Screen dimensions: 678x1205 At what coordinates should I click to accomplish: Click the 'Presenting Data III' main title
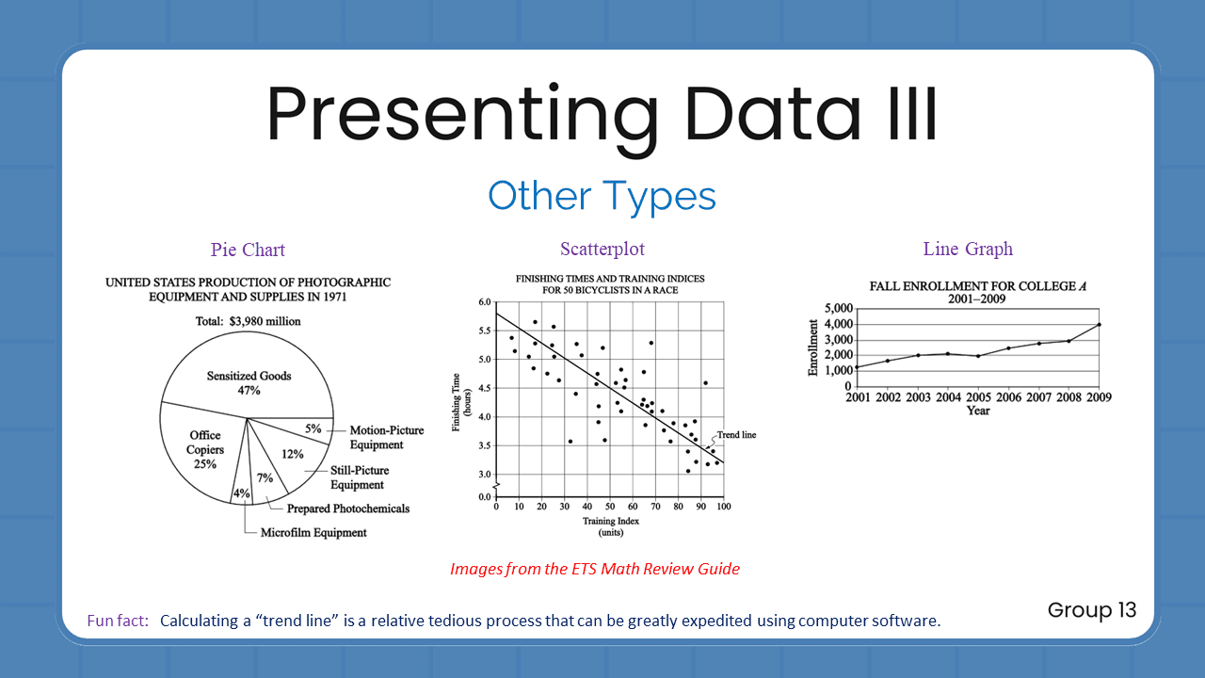pos(602,115)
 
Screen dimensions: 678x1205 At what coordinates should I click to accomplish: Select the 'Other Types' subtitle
pos(602,196)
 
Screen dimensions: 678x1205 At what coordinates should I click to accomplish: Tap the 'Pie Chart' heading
pos(248,250)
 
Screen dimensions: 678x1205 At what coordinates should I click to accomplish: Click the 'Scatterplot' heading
pos(602,250)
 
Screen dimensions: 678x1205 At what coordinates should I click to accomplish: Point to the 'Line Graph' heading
pos(968,250)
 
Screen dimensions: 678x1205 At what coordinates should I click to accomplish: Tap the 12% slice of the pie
pos(293,454)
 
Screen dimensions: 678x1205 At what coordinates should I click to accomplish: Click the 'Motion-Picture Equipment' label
pos(386,437)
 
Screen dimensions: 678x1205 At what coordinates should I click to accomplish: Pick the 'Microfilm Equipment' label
pos(313,533)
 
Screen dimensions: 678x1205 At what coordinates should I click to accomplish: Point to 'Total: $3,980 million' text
pos(248,321)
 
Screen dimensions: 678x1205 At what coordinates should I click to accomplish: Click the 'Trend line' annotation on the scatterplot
pos(736,435)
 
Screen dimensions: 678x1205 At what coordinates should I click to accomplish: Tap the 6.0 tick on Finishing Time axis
pos(485,302)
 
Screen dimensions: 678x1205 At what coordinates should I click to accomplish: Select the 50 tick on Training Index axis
pos(610,507)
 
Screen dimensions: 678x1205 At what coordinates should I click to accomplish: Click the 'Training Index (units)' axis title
pos(610,526)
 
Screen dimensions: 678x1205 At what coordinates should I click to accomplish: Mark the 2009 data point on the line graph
pos(1099,325)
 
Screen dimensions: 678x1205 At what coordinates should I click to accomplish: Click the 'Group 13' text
pos(1092,610)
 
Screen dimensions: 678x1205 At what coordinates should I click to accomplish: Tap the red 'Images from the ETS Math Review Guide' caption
pos(595,569)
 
